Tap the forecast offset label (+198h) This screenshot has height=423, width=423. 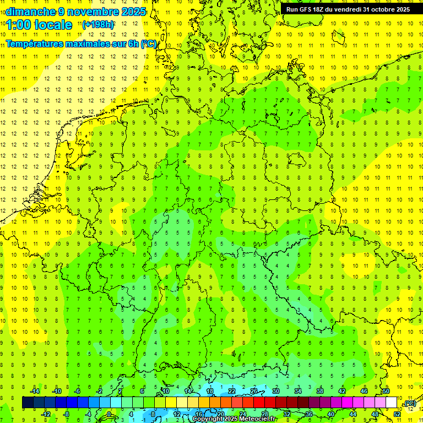tap(98, 25)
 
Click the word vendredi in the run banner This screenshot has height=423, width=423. tap(346, 9)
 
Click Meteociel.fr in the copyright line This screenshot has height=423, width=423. tap(257, 419)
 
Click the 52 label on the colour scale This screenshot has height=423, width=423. tap(397, 414)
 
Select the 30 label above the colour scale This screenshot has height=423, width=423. tap(275, 391)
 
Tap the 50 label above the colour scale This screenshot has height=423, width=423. tap(386, 391)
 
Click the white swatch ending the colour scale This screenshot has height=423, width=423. tap(391, 403)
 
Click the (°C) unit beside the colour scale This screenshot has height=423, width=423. tap(409, 404)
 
